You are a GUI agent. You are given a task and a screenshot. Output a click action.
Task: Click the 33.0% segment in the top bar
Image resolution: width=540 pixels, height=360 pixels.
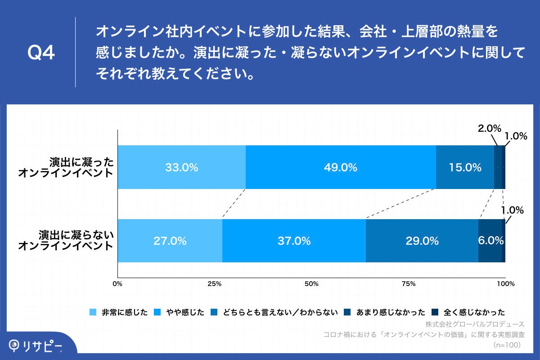point(181,167)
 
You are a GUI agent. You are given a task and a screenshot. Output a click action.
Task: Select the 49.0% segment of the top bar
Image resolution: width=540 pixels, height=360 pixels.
point(341,167)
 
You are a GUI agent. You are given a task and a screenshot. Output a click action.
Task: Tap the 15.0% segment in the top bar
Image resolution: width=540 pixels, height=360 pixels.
point(465,167)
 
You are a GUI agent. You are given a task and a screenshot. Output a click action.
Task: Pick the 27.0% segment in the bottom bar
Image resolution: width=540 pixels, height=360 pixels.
point(170,241)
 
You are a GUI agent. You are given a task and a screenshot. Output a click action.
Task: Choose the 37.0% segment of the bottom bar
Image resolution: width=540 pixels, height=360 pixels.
point(294,241)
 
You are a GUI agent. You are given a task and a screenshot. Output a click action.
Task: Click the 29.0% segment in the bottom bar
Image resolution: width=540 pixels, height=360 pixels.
point(422,241)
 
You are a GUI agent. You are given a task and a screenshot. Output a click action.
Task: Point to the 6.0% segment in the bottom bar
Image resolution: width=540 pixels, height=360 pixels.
point(490,241)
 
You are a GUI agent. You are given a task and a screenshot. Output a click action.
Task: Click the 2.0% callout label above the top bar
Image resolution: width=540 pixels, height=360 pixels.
point(489,128)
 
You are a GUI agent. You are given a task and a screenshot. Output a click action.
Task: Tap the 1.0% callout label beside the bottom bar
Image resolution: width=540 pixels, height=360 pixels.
point(513,210)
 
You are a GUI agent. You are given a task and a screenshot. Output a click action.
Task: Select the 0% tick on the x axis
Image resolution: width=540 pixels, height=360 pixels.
point(117,284)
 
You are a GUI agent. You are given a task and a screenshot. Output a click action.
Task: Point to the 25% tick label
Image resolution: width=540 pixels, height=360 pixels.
point(214,284)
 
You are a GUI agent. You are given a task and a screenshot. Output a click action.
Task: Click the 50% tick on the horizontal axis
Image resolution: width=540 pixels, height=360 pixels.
point(311,284)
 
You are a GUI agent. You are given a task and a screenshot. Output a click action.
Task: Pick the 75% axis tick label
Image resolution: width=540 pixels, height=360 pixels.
point(408,284)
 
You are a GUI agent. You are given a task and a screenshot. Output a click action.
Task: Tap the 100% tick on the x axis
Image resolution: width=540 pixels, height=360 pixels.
point(505,284)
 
